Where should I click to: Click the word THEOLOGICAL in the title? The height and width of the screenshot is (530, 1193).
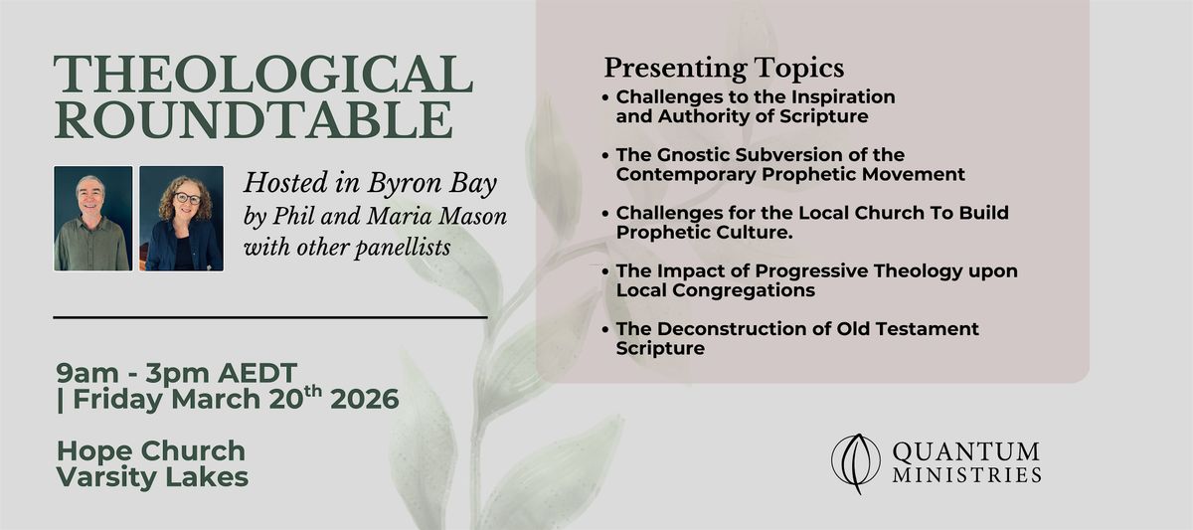click(263, 74)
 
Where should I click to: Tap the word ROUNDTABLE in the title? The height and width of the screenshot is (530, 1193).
click(254, 119)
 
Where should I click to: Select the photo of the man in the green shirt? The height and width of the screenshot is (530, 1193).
click(93, 219)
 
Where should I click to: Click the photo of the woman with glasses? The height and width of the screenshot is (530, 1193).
click(182, 219)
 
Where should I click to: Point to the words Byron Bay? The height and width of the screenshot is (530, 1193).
click(431, 184)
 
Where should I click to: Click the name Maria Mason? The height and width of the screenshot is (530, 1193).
click(436, 216)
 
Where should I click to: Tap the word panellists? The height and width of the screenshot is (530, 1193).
click(403, 248)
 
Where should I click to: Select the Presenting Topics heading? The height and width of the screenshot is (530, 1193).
click(724, 70)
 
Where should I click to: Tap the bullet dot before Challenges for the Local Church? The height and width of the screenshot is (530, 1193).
click(605, 214)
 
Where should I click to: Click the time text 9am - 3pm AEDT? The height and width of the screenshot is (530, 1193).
click(176, 373)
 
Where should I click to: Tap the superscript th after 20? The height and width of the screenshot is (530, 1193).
click(313, 392)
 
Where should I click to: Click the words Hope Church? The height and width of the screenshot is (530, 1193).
click(151, 451)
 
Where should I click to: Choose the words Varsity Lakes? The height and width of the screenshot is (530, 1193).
click(152, 476)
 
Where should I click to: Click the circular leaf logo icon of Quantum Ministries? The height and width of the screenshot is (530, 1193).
click(856, 463)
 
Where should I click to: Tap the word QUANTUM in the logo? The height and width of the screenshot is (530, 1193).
click(965, 452)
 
